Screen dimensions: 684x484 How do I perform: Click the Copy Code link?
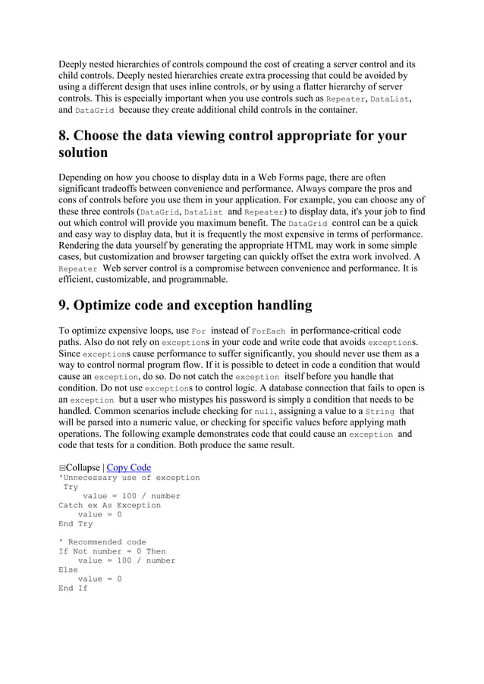tap(128, 467)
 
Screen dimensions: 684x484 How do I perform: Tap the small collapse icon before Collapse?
tap(62, 468)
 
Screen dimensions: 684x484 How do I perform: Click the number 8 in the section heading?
tap(64, 136)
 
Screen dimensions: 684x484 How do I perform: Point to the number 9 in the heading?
tap(64, 306)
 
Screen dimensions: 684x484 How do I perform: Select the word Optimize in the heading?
tap(112, 306)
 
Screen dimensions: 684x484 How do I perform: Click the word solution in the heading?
tap(83, 152)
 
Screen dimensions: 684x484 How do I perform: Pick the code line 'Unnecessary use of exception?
tap(129, 478)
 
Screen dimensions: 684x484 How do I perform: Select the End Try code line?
tap(75, 523)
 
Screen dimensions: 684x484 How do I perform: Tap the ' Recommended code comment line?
tap(102, 542)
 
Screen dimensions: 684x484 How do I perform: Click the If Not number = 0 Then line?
tap(112, 551)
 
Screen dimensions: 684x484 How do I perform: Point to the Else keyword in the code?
tap(68, 569)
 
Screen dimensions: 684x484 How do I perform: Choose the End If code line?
tap(73, 588)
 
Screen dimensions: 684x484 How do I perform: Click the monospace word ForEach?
tap(269, 331)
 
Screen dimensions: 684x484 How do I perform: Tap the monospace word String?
tap(380, 412)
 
